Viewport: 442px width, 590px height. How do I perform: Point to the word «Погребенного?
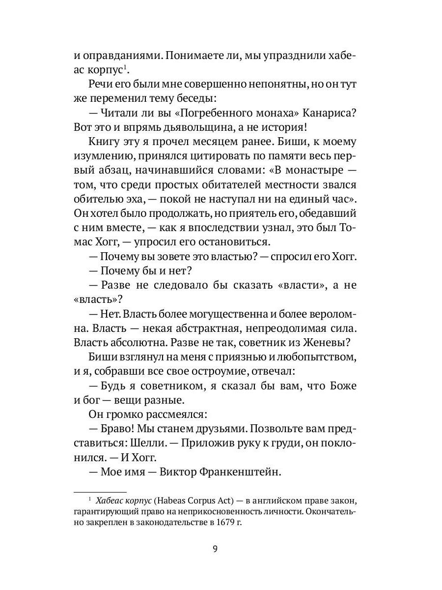(x=209, y=113)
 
